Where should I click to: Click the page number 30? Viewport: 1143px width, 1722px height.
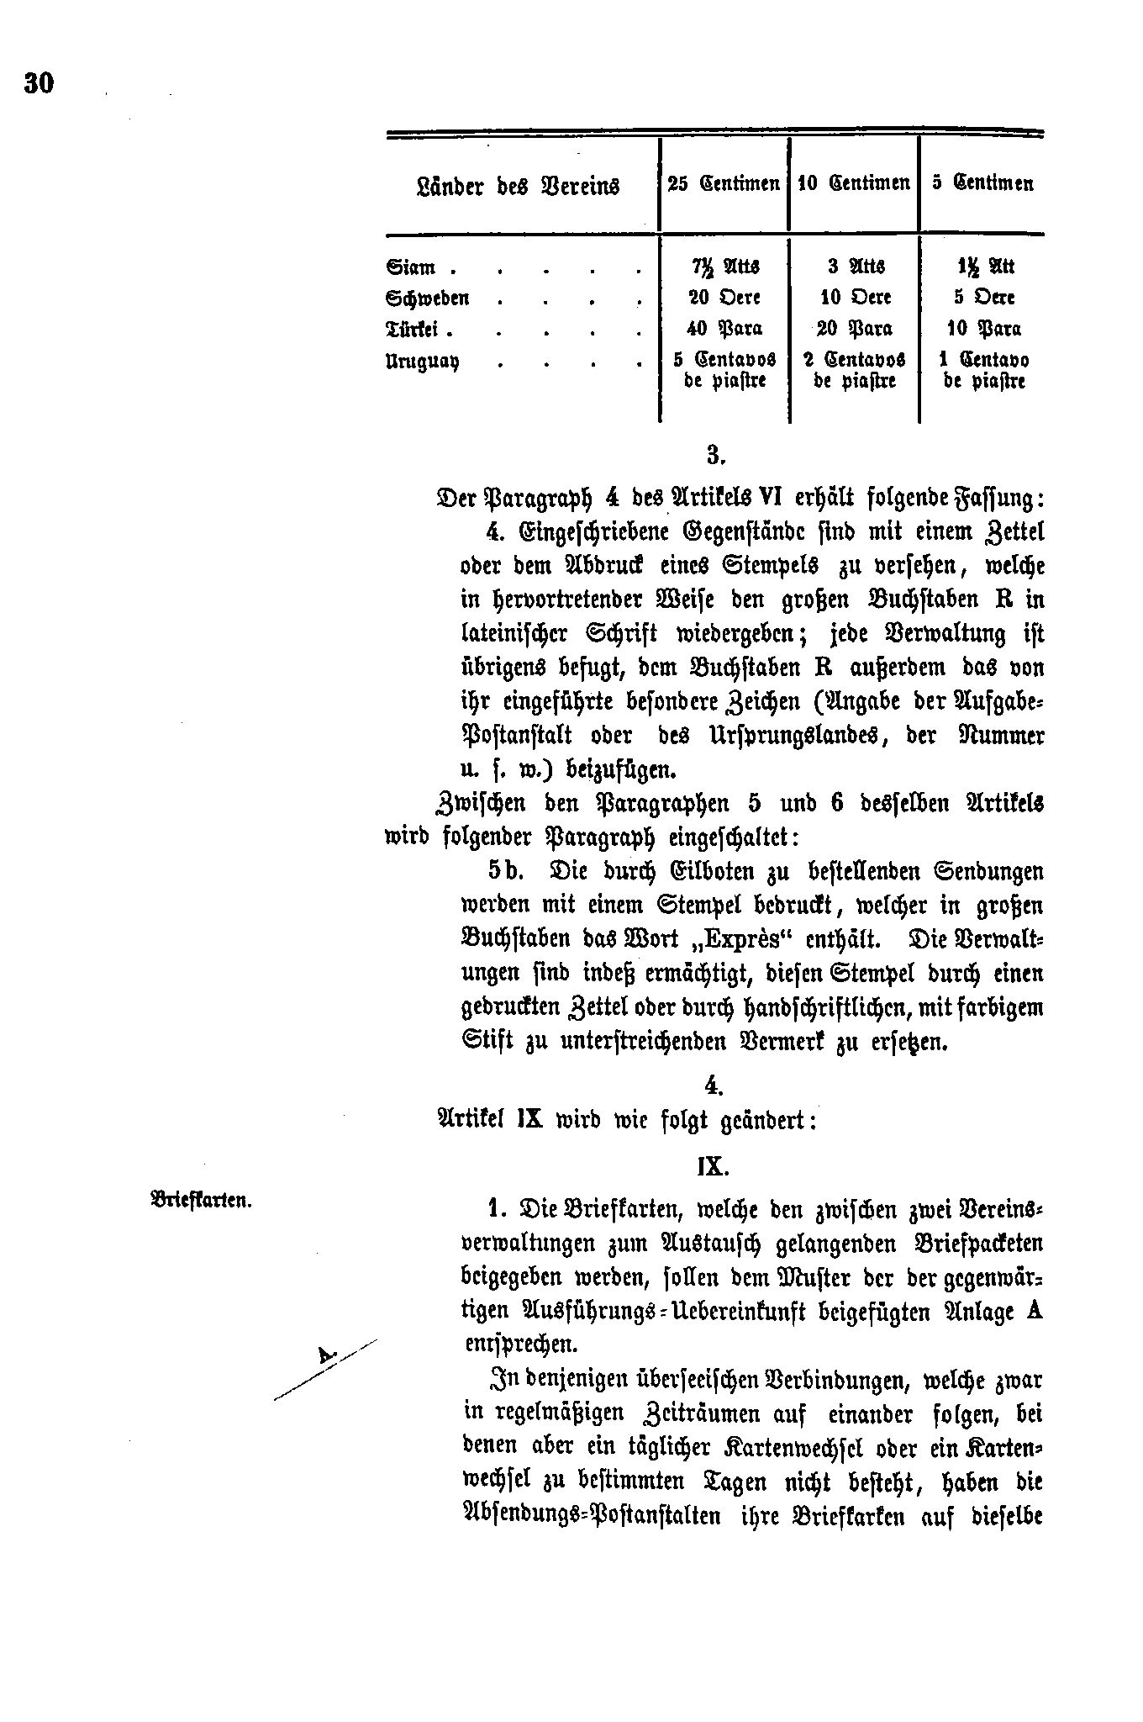point(40,82)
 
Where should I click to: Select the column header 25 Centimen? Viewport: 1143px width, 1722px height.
point(723,183)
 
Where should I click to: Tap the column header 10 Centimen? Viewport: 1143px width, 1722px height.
point(853,183)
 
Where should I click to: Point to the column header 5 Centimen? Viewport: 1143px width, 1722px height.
point(982,183)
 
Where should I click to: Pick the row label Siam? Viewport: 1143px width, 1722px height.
point(411,268)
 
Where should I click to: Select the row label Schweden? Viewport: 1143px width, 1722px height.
point(428,298)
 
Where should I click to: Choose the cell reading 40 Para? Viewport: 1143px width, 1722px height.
point(724,329)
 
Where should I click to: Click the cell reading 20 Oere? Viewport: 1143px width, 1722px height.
point(724,298)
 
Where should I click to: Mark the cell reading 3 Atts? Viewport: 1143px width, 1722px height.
point(854,267)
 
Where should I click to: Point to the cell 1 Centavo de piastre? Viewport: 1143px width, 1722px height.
point(982,370)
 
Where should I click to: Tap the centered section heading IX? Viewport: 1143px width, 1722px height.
point(712,1168)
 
